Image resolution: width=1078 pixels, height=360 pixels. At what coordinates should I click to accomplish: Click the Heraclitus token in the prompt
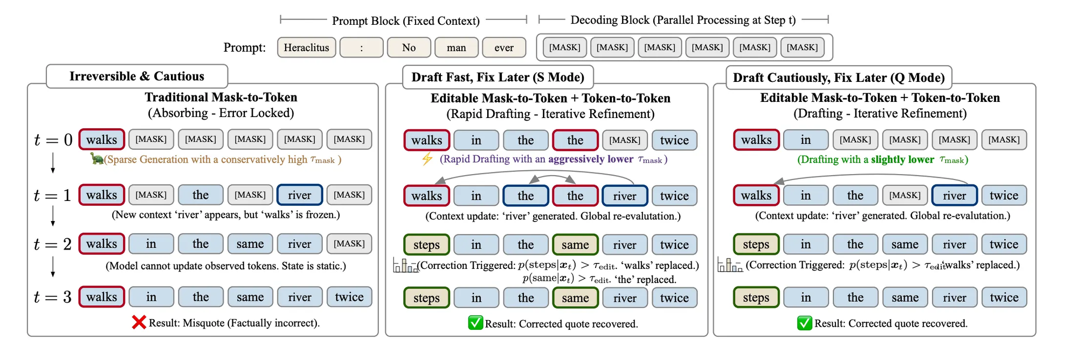click(x=306, y=47)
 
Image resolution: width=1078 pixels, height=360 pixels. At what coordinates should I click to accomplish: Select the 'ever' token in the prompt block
click(x=503, y=47)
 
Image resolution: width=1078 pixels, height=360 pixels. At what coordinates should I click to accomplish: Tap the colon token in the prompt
click(x=361, y=47)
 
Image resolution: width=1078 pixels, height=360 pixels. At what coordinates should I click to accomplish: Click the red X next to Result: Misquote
click(x=139, y=322)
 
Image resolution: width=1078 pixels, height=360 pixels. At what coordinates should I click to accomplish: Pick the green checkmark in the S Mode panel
click(x=475, y=323)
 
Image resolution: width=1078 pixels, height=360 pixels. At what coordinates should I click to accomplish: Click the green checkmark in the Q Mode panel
click(x=804, y=323)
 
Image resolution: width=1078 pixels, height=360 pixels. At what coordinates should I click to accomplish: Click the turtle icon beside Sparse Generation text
click(x=97, y=158)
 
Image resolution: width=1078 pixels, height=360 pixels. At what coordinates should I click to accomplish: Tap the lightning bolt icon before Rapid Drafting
click(x=427, y=158)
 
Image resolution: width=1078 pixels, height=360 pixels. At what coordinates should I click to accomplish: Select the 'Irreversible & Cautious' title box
click(x=137, y=76)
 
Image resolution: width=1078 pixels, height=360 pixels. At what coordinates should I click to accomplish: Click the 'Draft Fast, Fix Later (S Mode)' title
click(x=497, y=77)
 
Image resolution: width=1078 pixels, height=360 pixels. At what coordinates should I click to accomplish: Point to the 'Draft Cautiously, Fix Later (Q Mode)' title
click(x=839, y=78)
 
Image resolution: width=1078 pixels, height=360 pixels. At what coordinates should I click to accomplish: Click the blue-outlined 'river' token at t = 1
click(x=299, y=195)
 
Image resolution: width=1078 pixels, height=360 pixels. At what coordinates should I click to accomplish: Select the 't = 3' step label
click(x=52, y=297)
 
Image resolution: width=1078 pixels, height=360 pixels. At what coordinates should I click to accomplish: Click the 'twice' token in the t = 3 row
click(x=349, y=297)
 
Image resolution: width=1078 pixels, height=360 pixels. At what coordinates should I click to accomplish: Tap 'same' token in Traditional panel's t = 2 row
click(x=250, y=244)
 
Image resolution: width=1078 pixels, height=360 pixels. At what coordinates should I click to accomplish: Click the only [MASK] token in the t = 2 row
click(x=349, y=244)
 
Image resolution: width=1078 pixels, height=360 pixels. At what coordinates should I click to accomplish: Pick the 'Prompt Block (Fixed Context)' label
click(x=405, y=20)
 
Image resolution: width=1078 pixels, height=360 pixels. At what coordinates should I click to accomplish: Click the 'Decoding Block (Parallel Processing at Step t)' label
click(x=683, y=20)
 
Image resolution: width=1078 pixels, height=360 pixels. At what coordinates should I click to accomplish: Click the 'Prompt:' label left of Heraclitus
click(x=245, y=47)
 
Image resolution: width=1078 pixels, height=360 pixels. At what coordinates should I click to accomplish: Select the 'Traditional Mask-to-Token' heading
click(x=221, y=97)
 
